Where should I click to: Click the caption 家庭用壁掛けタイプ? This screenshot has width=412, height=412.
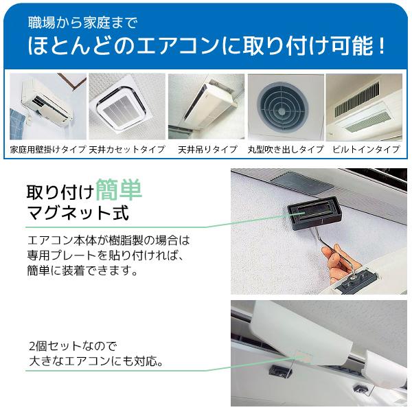(x=48, y=150)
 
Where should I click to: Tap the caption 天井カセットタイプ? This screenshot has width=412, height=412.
(x=127, y=150)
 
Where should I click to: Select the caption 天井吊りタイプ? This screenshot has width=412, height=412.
(x=207, y=150)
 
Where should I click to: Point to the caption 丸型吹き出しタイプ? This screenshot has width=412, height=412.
(x=286, y=150)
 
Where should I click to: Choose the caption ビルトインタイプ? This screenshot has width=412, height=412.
(x=366, y=150)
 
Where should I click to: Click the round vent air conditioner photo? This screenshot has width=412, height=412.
(x=286, y=106)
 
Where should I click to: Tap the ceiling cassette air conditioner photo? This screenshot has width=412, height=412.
(x=127, y=106)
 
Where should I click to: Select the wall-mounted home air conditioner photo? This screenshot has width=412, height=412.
(x=48, y=106)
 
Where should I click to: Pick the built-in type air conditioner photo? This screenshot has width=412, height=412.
(x=364, y=106)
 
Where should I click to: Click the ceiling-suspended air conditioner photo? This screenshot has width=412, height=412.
(x=206, y=106)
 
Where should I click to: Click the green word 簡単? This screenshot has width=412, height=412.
(x=119, y=190)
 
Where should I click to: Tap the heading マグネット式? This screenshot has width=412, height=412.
(x=78, y=213)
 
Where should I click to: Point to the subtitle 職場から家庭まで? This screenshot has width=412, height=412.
(x=83, y=23)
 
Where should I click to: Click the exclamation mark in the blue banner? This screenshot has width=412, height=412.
(x=382, y=46)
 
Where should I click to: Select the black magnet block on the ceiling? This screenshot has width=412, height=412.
(x=314, y=214)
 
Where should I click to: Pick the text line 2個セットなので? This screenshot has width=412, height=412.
(x=73, y=346)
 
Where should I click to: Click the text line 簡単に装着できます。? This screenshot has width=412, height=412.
(x=82, y=271)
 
